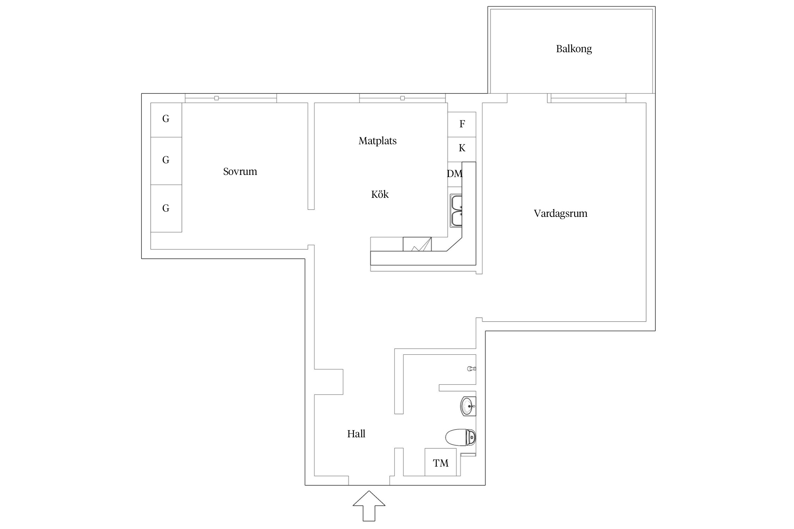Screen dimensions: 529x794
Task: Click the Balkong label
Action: (574, 49)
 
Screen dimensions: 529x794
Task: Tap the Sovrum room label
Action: (240, 172)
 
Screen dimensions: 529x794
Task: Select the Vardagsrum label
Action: (560, 213)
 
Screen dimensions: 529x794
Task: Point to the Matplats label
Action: (377, 141)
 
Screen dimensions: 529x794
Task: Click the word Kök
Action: (380, 194)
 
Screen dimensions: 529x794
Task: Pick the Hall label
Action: (356, 434)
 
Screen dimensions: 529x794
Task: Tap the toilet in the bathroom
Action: (461, 437)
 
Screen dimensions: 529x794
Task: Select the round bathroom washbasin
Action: (468, 406)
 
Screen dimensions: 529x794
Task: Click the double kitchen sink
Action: (456, 210)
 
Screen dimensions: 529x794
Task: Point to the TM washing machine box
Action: (440, 463)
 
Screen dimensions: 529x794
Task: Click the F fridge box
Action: (462, 124)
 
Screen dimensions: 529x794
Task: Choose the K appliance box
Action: (462, 148)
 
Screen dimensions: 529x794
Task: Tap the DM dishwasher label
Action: (455, 174)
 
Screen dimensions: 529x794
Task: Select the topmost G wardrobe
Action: (166, 119)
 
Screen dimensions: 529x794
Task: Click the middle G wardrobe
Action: (166, 160)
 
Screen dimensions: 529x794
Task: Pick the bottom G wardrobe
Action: (166, 208)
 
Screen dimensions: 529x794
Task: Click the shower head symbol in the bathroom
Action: (471, 369)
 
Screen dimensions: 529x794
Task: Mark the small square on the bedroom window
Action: (216, 98)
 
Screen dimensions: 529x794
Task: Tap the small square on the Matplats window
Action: (402, 98)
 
